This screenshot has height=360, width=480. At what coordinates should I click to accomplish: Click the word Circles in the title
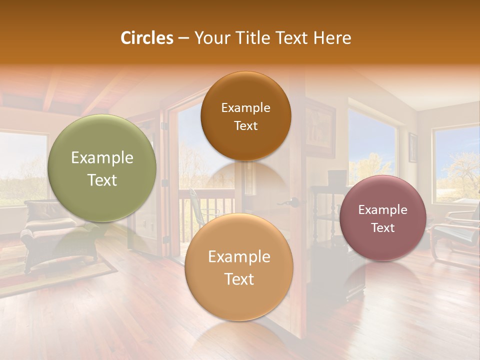coord(147,38)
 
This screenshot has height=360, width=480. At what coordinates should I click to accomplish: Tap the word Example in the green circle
coord(102,158)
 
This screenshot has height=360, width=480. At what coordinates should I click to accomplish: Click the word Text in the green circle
coord(102,180)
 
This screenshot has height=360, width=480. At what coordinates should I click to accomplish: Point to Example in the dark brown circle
coord(245,107)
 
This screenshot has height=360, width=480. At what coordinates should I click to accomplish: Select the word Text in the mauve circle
coord(383,227)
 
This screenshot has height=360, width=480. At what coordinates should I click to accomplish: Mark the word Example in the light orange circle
coord(239,257)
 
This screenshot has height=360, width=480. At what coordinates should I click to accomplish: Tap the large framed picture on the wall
coord(319,127)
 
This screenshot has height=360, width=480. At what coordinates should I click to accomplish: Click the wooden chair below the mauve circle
coord(452,235)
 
